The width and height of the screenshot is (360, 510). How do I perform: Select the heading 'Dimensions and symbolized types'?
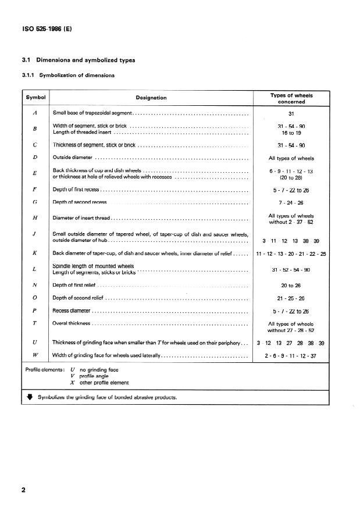(85, 60)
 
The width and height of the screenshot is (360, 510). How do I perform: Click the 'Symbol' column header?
(35, 98)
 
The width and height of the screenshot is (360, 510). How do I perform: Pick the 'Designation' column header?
(151, 98)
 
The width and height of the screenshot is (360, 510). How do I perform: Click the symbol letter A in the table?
(35, 112)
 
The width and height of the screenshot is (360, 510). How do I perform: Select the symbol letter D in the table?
(35, 158)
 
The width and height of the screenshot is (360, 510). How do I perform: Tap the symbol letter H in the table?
(35, 218)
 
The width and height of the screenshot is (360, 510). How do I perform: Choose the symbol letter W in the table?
(35, 355)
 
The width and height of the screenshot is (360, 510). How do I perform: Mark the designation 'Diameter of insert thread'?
(81, 218)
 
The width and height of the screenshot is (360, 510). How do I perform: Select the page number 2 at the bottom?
(24, 490)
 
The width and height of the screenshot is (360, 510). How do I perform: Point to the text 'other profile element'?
(105, 383)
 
